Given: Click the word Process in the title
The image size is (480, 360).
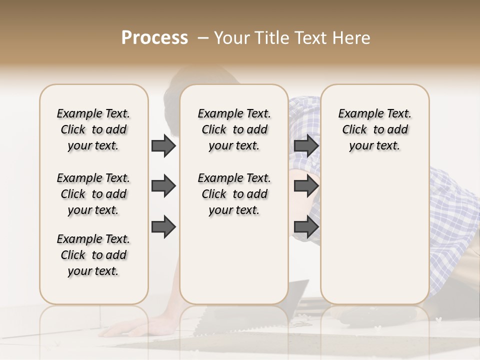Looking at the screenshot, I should pos(154,38).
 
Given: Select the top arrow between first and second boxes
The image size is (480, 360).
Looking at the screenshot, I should pos(163,146).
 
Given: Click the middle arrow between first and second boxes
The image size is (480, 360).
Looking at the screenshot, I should pos(163,186).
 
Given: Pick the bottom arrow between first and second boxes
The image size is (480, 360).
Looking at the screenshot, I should pos(163,226).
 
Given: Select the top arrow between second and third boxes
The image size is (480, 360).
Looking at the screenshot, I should pos(306,146).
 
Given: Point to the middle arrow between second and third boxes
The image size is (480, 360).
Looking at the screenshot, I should pos(306,186).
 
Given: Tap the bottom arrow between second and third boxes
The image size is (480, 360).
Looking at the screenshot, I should pos(306,226).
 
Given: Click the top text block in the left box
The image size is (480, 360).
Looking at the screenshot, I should pos(93,129).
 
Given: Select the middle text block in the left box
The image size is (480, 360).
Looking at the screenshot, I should pos(93,194).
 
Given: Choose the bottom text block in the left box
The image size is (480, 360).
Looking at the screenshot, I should pos(93,255).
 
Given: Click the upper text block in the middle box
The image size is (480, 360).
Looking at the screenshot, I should pos(234,129).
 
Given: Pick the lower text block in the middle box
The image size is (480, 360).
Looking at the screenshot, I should pos(234,194).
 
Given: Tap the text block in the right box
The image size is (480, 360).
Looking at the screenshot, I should pos(374,129).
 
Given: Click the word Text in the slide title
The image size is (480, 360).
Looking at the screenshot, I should pos(310,38).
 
